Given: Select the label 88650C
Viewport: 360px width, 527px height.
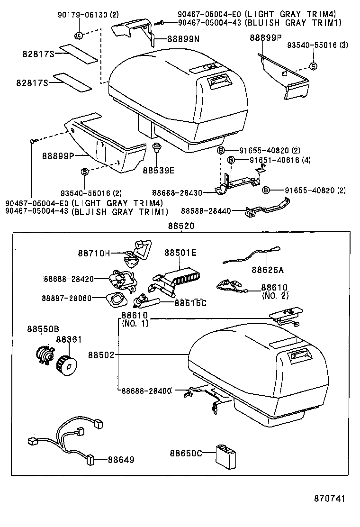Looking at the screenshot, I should click(186, 454).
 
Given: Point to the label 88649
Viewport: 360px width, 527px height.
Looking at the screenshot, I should click(121, 459).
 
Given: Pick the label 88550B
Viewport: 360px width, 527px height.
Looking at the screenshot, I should click(43, 329).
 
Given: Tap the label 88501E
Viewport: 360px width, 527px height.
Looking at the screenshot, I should click(180, 253).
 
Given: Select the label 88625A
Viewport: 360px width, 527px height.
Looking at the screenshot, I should click(268, 270).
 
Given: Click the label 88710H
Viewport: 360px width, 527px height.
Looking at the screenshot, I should click(94, 254).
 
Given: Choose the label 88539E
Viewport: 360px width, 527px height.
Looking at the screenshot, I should click(159, 170).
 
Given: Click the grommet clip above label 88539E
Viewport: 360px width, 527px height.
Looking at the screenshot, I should click(156, 147).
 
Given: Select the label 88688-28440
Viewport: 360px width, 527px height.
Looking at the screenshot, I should click(206, 210).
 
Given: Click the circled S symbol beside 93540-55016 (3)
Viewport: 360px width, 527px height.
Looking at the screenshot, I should click(313, 66).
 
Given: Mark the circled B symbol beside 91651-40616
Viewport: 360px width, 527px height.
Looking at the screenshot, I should click(231, 160).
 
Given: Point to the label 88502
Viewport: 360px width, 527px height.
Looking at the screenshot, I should click(100, 354).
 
